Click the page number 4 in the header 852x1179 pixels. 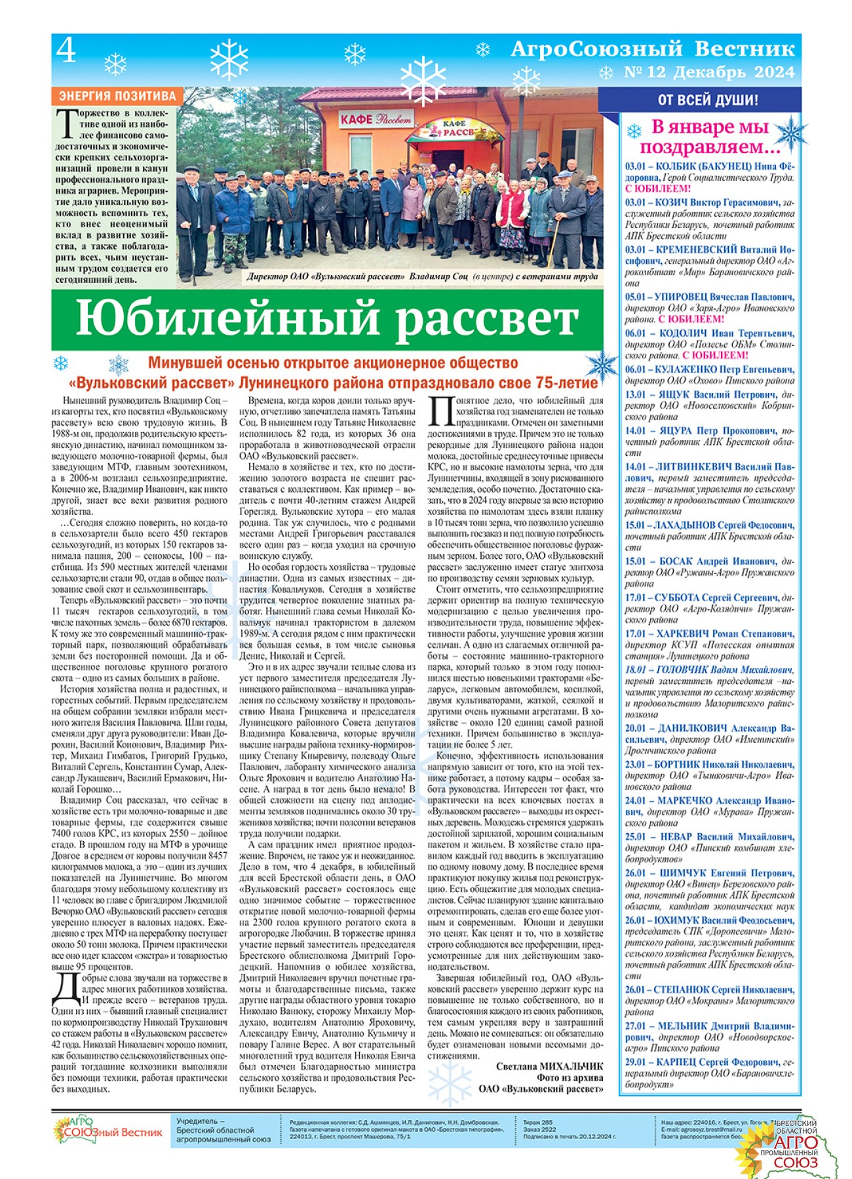click(66, 50)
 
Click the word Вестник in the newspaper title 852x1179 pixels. click(745, 49)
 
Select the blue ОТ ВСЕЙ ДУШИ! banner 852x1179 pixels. click(708, 100)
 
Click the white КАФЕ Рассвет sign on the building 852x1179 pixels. click(376, 119)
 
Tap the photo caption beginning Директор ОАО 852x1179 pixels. click(422, 276)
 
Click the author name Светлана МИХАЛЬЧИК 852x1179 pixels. click(549, 1066)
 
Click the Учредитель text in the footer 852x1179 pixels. click(200, 1121)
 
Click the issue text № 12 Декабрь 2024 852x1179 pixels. click(708, 72)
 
